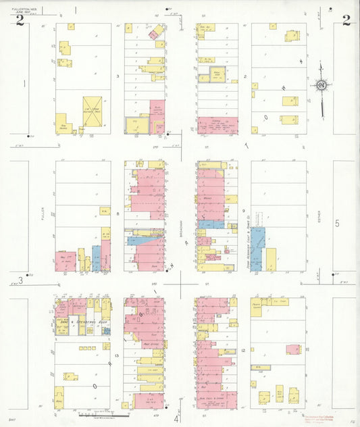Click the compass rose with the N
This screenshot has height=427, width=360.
[x=322, y=85]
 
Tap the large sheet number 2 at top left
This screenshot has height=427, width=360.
[x=20, y=20]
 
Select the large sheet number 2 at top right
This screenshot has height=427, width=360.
[x=346, y=20]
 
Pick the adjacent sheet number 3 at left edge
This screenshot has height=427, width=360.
[x=21, y=280]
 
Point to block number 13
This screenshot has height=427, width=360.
[x=117, y=355]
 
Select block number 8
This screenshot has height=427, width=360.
[x=118, y=214]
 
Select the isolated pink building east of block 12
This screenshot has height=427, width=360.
[x=292, y=349]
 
